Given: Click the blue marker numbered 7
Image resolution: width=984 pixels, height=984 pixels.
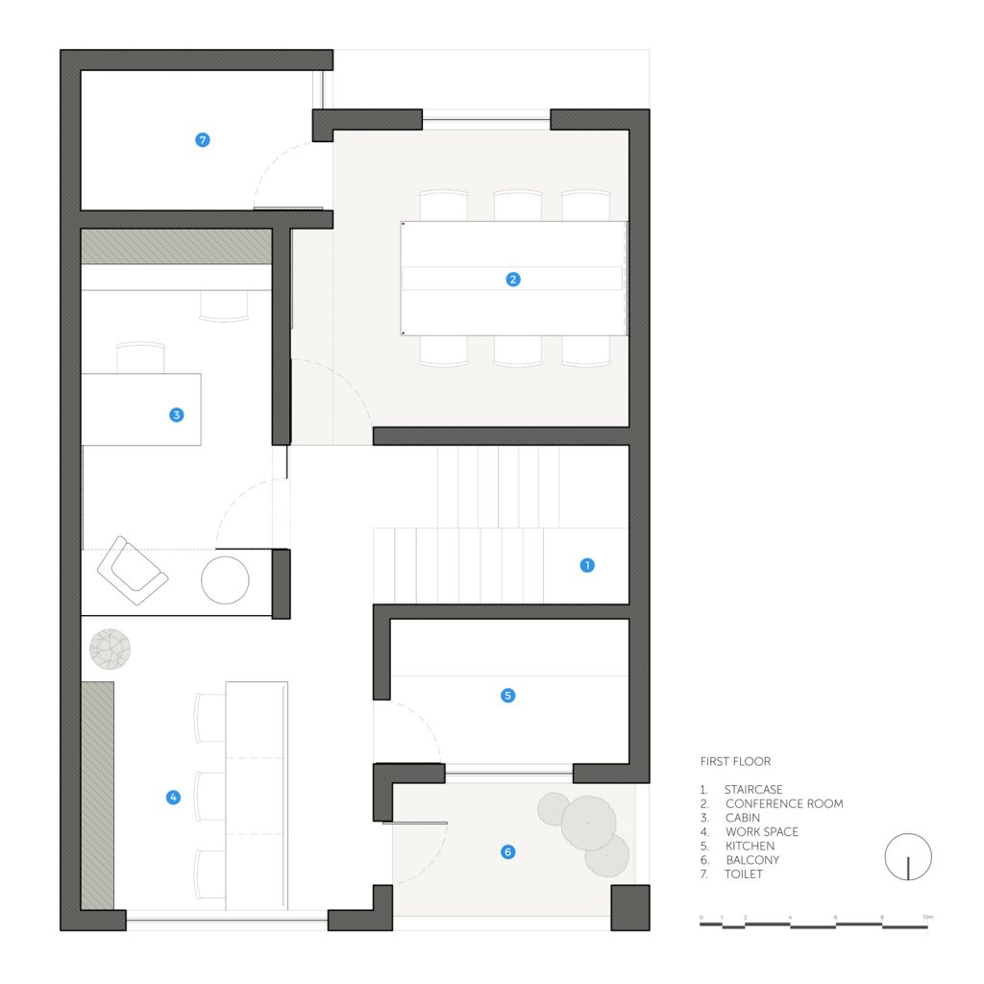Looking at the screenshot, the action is (x=202, y=140).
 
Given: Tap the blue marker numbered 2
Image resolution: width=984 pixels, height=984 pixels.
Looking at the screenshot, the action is (x=513, y=280).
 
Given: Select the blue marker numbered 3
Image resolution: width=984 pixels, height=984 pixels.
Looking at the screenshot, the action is (x=177, y=415).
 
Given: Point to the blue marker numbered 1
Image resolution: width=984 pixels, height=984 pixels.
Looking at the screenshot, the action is (x=587, y=565).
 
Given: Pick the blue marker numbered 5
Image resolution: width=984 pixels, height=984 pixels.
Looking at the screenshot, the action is (x=507, y=696).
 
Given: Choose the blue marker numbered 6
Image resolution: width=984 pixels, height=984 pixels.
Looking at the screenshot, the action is (x=507, y=851).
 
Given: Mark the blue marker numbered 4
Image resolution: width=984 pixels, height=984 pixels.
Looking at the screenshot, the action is (x=173, y=797).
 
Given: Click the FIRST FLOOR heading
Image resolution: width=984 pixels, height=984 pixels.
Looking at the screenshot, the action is (x=735, y=761).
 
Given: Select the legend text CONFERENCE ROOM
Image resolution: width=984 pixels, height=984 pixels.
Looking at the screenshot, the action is (x=784, y=803).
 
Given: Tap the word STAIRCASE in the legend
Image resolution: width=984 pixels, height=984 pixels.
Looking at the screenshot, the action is (x=753, y=790).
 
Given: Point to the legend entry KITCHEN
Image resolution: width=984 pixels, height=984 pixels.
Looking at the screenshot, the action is (x=750, y=846).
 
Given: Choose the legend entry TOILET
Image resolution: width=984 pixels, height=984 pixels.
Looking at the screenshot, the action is (x=744, y=874).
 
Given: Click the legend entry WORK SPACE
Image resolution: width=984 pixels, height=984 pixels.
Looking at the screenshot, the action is (x=762, y=831).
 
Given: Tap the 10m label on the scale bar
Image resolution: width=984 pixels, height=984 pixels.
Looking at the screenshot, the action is (x=928, y=917).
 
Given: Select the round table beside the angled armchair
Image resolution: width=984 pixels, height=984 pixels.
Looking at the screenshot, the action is (x=225, y=580).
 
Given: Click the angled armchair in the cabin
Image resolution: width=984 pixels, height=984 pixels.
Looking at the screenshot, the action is (x=133, y=570).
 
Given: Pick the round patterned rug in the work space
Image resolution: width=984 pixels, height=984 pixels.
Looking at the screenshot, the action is (x=111, y=649).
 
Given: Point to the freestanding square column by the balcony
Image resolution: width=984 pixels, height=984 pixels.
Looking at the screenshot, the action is (x=630, y=907).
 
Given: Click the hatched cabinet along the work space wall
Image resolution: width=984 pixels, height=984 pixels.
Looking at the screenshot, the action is (x=98, y=795).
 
